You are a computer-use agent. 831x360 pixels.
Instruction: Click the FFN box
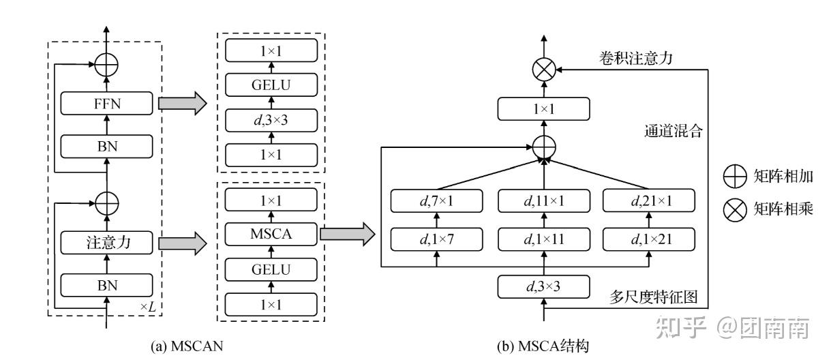pos(106,103)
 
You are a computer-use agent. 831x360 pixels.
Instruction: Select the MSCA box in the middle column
pos(271,234)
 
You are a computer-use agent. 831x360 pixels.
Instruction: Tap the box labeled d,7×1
pos(437,200)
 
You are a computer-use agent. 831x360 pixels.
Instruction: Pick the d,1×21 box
pos(649,239)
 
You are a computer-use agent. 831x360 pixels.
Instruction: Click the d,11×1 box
pos(544,200)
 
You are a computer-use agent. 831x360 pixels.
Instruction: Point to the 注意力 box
pos(106,243)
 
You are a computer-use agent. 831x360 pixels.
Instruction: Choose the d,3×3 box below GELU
pos(271,120)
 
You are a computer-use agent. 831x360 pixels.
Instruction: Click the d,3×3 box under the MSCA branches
pos(544,286)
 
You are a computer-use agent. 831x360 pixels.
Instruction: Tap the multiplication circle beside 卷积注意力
pos(544,70)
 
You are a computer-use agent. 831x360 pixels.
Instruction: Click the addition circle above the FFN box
pos(106,65)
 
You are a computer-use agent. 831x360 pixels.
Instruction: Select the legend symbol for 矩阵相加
pos(735,177)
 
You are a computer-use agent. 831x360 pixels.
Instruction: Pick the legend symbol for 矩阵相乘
pos(735,210)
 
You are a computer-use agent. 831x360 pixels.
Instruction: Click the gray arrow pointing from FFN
pos(183,103)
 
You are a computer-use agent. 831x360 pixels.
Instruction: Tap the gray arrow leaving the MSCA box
pos(348,234)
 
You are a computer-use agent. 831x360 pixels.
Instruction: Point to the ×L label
pos(148,307)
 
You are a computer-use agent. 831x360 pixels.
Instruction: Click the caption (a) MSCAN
pos(187,346)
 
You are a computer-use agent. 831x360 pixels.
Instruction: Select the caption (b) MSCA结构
pos(543,346)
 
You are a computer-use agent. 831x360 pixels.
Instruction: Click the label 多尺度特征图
pos(653,297)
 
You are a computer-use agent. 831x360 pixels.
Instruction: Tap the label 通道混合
pos(674,131)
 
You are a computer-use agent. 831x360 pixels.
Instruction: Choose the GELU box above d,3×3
pos(271,85)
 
